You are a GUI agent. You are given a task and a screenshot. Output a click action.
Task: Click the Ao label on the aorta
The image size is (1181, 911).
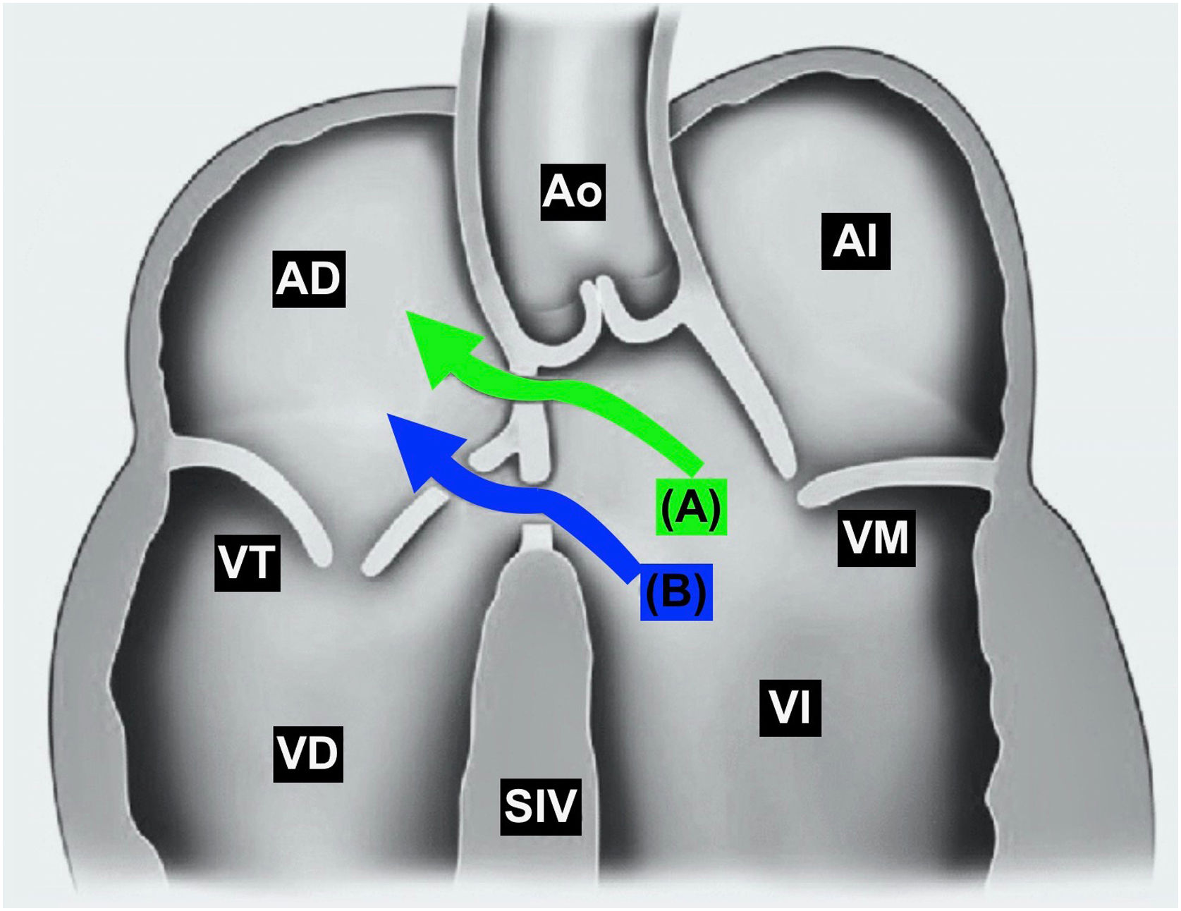point(573,191)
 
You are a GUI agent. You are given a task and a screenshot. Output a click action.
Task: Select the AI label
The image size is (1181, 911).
point(855,241)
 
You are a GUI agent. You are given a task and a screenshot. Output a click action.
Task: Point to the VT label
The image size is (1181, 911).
point(247,562)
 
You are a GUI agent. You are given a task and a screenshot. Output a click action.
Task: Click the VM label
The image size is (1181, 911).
point(876,538)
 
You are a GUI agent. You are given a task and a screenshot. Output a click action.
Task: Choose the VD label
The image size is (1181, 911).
point(307,753)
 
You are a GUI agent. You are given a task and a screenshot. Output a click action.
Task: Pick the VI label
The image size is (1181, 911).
point(790,708)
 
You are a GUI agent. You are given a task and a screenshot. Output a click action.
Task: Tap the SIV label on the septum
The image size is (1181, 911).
point(540,806)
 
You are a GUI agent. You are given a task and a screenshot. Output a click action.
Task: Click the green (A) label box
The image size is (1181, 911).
point(691,506)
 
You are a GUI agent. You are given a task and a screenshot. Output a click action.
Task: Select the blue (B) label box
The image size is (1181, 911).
point(675,592)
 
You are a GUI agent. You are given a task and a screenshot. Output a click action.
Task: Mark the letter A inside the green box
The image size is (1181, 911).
point(691,506)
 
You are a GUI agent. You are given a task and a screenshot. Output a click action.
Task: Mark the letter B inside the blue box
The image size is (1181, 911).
point(675,592)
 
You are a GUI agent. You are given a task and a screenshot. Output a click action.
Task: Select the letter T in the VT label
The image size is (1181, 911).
point(262,562)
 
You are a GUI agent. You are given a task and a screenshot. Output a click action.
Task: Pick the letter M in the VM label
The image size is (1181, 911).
point(893,538)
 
